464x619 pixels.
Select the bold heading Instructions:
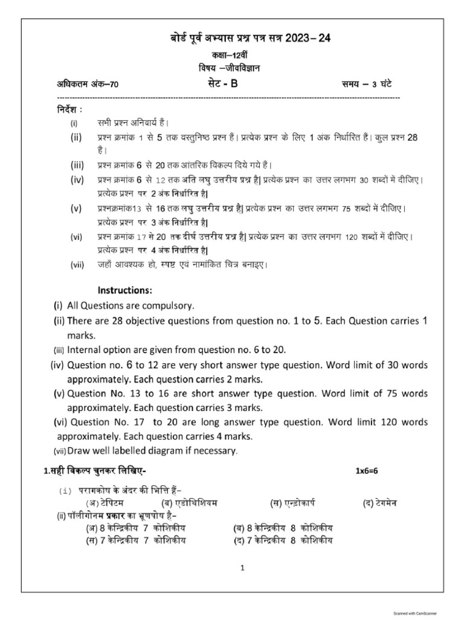point(126,291)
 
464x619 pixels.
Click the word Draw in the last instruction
point(79,451)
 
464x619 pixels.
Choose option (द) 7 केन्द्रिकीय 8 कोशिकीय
point(283,540)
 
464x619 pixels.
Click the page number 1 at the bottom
point(242,568)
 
